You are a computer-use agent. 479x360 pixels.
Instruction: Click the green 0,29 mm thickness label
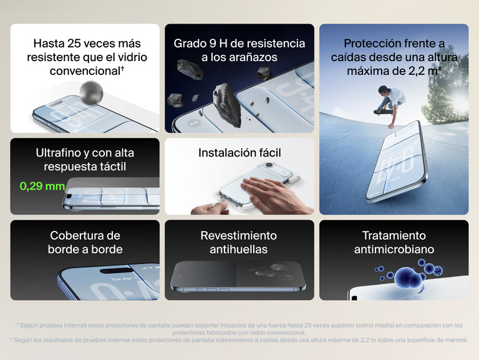pyautogui.click(x=42, y=186)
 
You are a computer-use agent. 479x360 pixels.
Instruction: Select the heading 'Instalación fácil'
pyautogui.click(x=239, y=153)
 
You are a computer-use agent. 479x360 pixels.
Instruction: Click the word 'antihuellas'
pyautogui.click(x=239, y=250)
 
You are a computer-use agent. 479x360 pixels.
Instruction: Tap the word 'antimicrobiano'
pyautogui.click(x=394, y=250)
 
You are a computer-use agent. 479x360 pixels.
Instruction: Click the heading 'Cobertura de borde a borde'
pyautogui.click(x=85, y=243)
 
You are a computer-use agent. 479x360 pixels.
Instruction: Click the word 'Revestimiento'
pyautogui.click(x=239, y=236)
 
